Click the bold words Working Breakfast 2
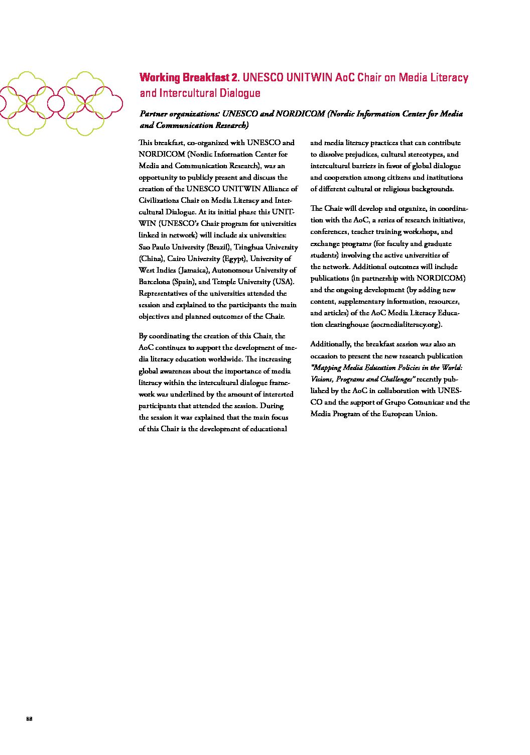pos(190,78)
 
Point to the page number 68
pos(29,719)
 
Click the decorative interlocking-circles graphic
pos(61,103)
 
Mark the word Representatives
pos(164,293)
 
